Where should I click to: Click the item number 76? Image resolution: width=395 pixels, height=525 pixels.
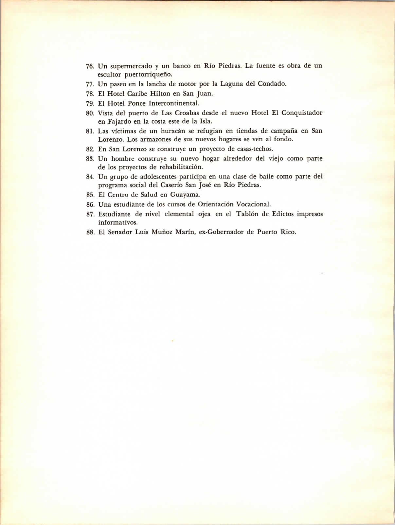(x=90, y=66)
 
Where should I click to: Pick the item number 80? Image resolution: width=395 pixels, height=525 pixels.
(x=90, y=113)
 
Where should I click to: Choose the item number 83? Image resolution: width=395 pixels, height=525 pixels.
(x=90, y=159)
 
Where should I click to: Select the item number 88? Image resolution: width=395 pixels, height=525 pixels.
(x=90, y=233)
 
